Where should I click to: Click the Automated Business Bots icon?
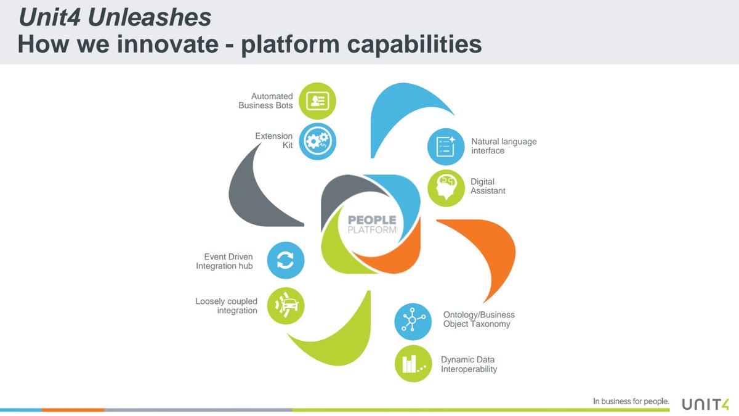point(317,101)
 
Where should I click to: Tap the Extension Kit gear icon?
point(317,141)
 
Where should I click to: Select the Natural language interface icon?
point(446,147)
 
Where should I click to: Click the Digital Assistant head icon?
point(446,188)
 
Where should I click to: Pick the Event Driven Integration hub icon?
point(286,260)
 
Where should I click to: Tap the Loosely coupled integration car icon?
point(286,306)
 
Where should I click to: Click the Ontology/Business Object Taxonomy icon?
point(413,322)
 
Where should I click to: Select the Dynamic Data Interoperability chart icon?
point(413,364)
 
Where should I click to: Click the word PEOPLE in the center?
point(372,220)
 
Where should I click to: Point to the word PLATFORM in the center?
point(372,230)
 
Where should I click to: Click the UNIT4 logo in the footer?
point(706,404)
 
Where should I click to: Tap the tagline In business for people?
point(631,401)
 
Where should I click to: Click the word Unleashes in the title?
point(150,17)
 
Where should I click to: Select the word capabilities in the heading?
point(414,44)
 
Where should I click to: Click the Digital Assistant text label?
point(488,186)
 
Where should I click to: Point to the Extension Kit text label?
point(274,141)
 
